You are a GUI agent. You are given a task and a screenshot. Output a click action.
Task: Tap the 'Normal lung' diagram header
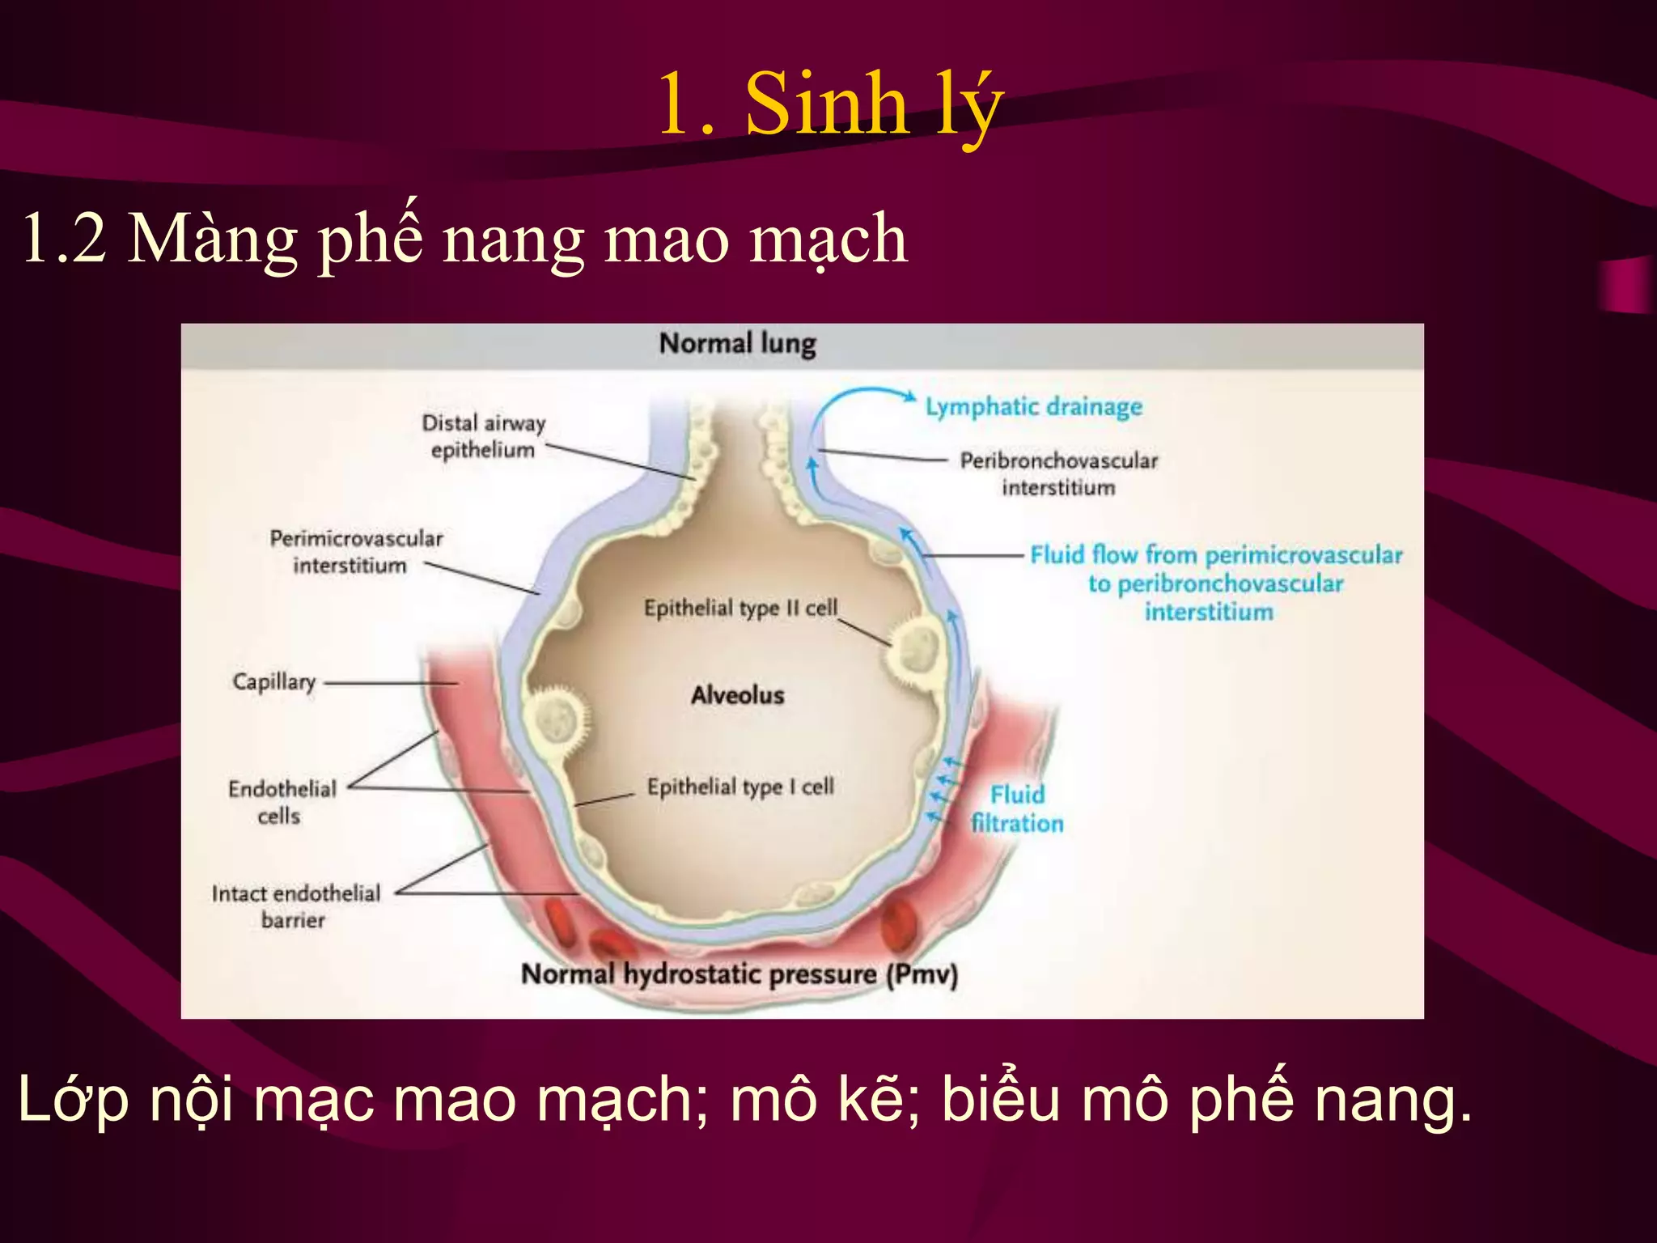737,343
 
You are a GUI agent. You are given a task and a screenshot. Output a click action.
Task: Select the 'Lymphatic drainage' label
1033,406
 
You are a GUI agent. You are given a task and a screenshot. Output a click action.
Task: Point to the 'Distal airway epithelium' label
484,436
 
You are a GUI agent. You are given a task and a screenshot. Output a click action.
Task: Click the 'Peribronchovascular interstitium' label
1058,473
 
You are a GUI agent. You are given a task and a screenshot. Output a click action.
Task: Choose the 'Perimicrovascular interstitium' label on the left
355,552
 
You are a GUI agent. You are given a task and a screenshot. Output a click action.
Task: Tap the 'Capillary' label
273,681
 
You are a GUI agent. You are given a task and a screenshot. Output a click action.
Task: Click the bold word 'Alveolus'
737,695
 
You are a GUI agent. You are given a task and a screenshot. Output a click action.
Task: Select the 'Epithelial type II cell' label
740,608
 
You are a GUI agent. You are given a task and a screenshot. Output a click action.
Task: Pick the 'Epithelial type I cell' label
740,787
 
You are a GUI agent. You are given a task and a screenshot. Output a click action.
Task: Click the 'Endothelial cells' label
282,802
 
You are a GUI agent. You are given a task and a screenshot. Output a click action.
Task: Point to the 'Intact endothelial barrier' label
295,906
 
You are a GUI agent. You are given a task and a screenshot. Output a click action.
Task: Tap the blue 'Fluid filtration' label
1017,808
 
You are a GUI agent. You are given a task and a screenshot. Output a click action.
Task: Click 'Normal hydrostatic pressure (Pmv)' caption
739,974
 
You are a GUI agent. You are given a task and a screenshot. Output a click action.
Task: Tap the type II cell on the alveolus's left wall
557,716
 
